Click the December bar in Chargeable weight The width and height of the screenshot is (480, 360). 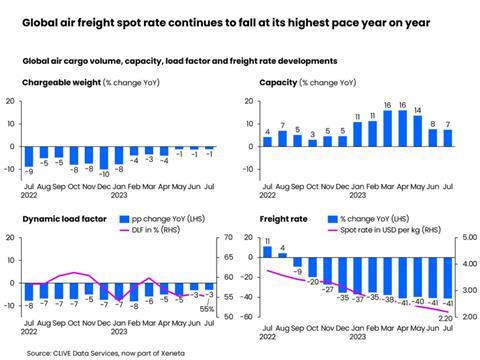pos(105,155)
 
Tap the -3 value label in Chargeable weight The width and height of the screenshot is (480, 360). pos(149,159)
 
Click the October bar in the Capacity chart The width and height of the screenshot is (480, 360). pos(312,142)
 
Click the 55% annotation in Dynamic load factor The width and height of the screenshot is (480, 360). pos(208,309)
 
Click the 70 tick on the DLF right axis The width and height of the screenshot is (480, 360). pos(229,238)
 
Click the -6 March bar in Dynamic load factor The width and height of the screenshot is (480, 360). pos(148,290)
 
